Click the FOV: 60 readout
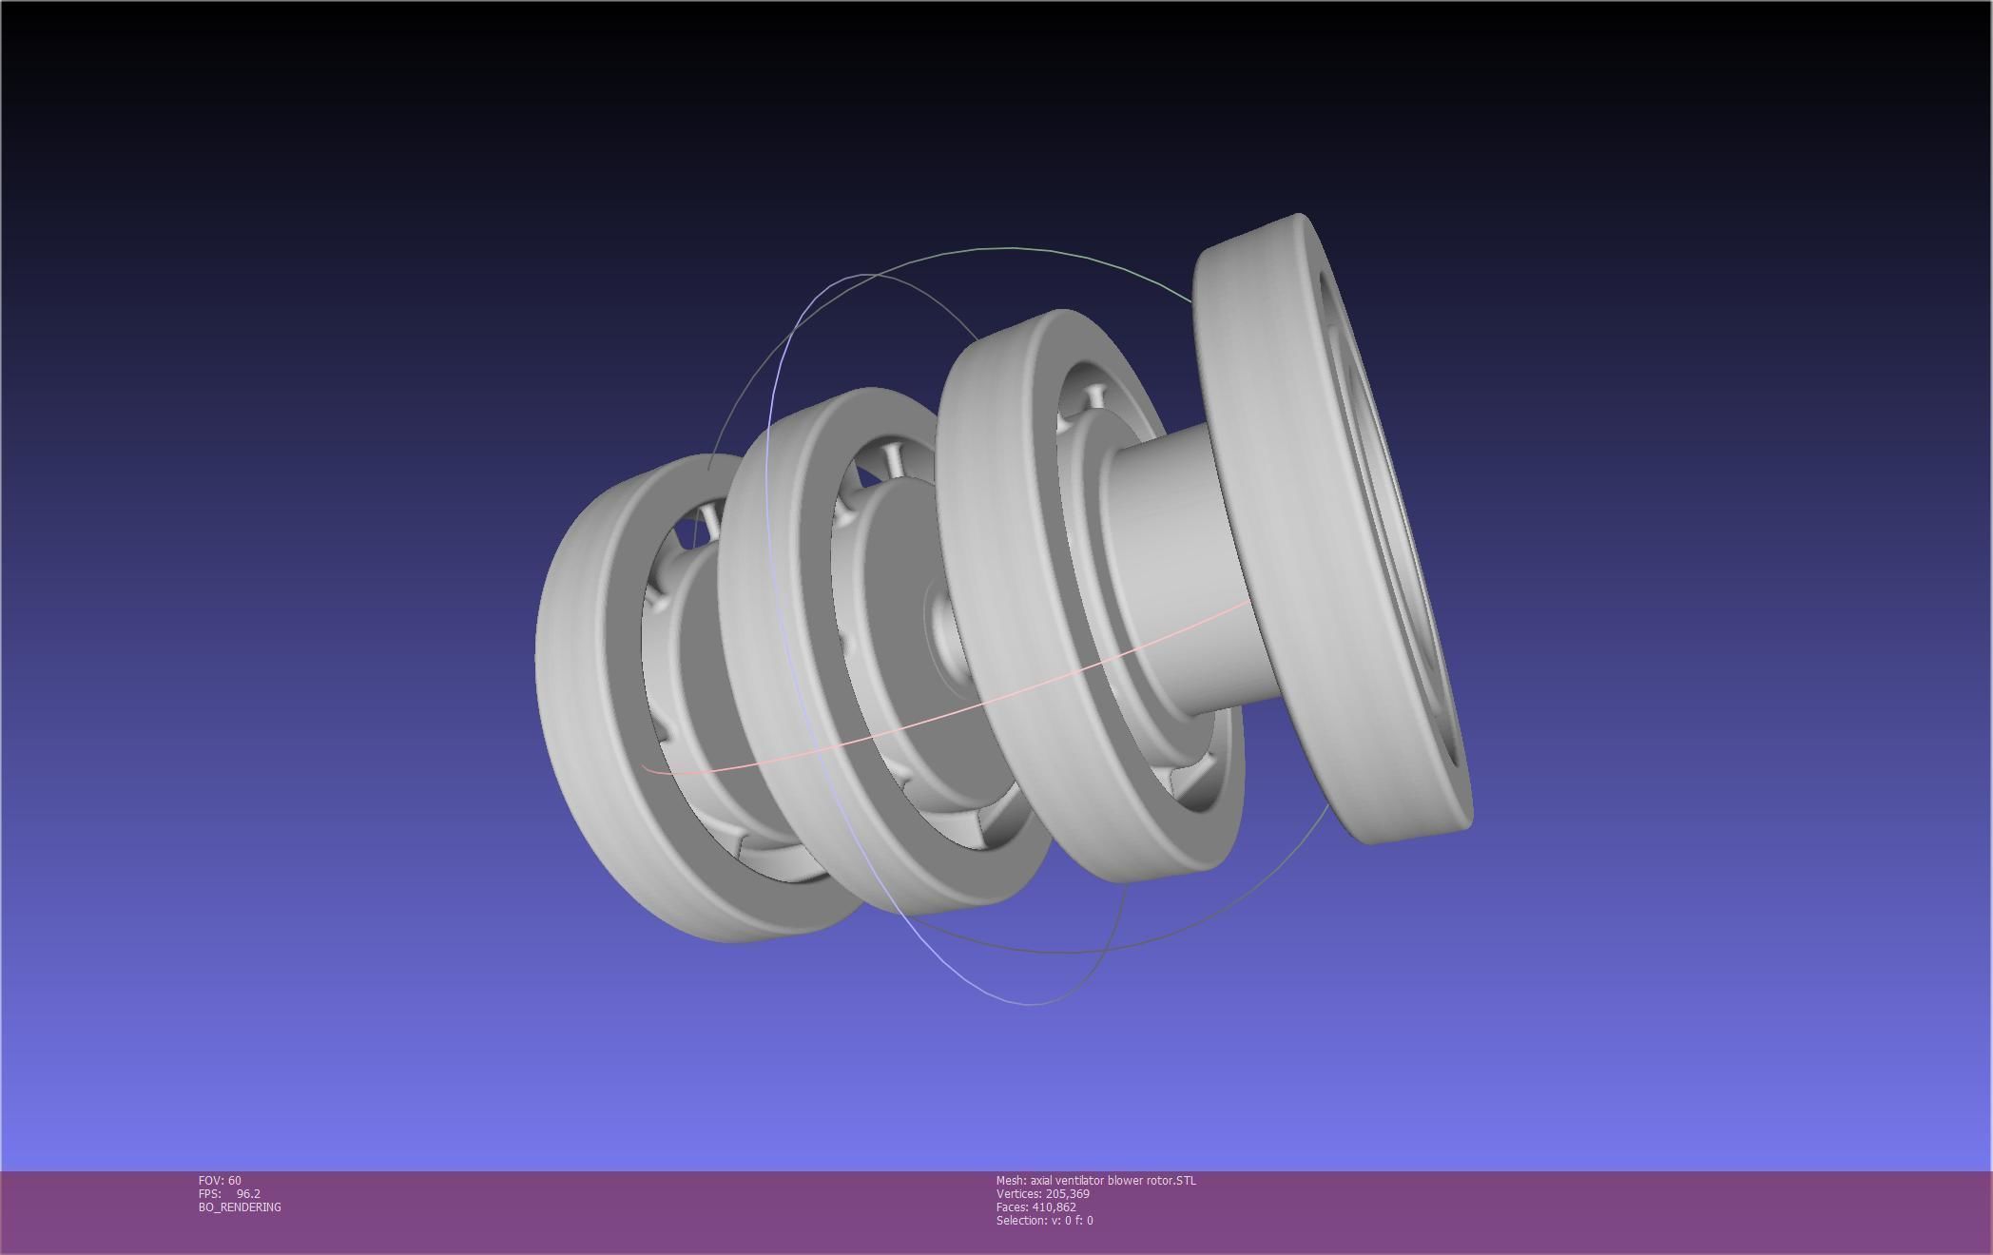point(220,1181)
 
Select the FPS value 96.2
point(248,1194)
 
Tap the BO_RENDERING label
point(240,1207)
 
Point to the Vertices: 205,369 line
point(1042,1194)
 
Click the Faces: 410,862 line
point(1035,1207)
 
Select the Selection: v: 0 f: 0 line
point(1044,1221)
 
